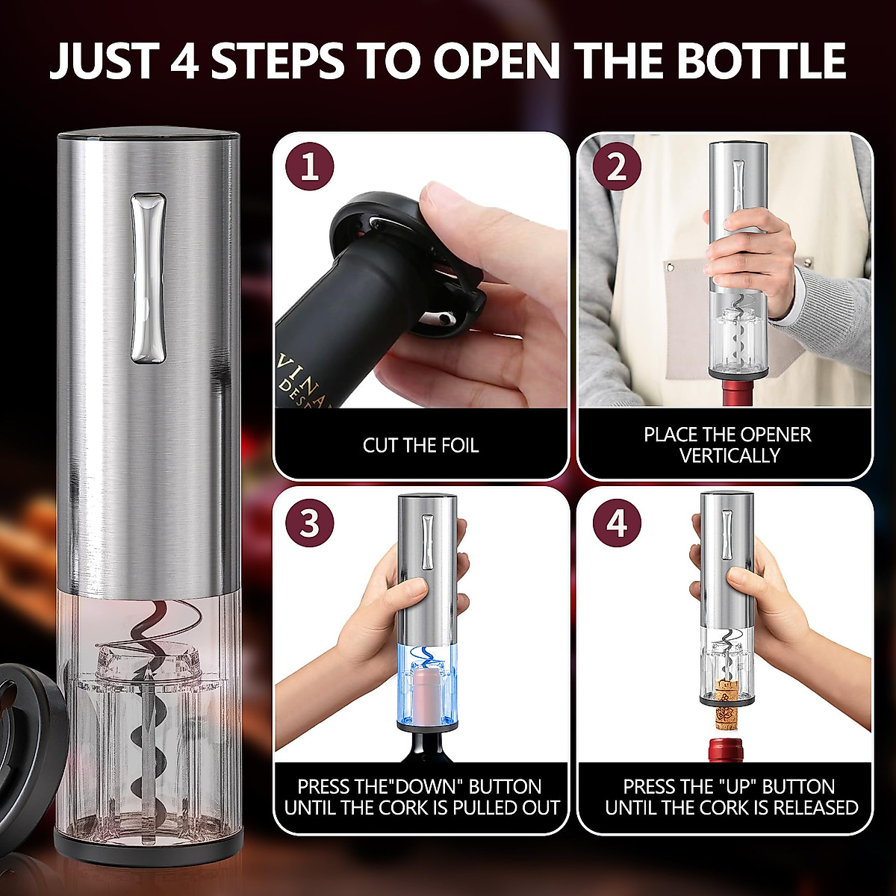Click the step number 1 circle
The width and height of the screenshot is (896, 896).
coord(310,167)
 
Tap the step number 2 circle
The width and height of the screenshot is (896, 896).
coord(617,167)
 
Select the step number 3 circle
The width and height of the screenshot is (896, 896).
coord(310,523)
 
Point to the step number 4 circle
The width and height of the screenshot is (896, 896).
coord(617,523)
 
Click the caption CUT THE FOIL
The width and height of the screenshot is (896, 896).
coord(420,446)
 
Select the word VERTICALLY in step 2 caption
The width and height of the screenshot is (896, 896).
coord(729,455)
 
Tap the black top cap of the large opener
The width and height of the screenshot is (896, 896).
coord(149,137)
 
